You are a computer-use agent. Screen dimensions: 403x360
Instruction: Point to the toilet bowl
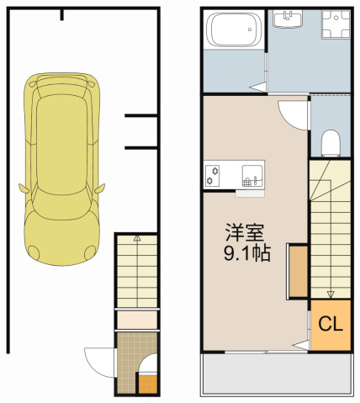point(330,143)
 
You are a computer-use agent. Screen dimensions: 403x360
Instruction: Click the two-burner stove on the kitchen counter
point(211,176)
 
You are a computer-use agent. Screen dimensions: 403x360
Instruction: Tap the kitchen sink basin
point(251,176)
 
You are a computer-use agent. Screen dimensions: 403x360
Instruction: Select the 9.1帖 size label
point(246,252)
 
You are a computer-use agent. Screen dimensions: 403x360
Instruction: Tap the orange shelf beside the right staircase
point(298,272)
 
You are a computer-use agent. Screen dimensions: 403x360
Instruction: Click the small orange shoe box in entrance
point(146,384)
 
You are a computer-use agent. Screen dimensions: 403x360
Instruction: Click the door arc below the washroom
point(294,114)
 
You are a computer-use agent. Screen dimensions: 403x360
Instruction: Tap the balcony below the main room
point(274,373)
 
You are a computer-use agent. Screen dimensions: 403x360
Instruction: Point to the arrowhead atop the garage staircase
point(136,241)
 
